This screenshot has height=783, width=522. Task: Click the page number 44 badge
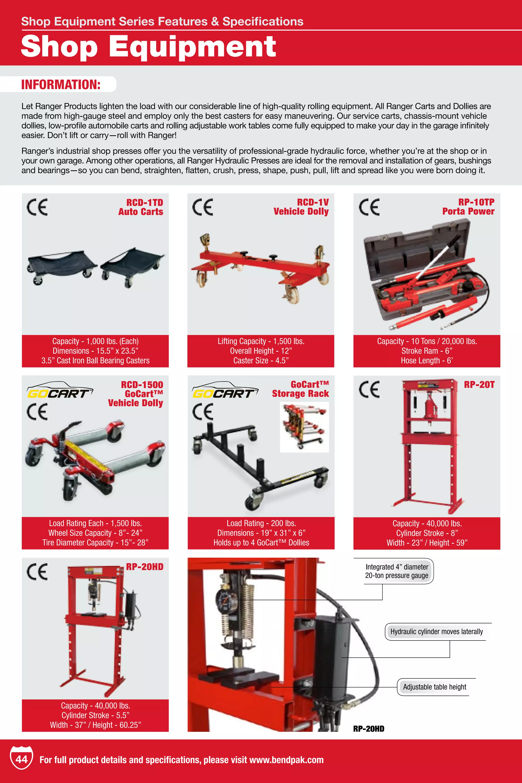(x=21, y=759)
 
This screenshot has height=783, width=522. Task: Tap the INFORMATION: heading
(x=61, y=85)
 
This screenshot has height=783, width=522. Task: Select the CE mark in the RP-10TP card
(x=369, y=207)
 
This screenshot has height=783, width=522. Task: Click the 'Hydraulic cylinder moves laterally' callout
(x=436, y=632)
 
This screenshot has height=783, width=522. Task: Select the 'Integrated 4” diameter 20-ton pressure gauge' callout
(x=397, y=571)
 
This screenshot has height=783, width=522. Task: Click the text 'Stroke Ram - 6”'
(x=427, y=351)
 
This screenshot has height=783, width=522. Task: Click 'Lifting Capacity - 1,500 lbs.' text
(x=261, y=341)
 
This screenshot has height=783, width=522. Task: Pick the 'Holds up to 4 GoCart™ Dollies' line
(x=261, y=543)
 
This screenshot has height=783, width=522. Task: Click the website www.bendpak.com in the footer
(x=286, y=760)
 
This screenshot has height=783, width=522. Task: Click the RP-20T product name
(x=479, y=385)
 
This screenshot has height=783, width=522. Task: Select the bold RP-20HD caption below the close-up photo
(x=369, y=729)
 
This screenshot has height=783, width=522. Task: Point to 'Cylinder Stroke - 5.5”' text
(x=96, y=715)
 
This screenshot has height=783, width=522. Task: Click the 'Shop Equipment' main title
(x=149, y=46)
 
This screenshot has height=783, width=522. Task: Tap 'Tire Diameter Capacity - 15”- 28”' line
(x=95, y=543)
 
